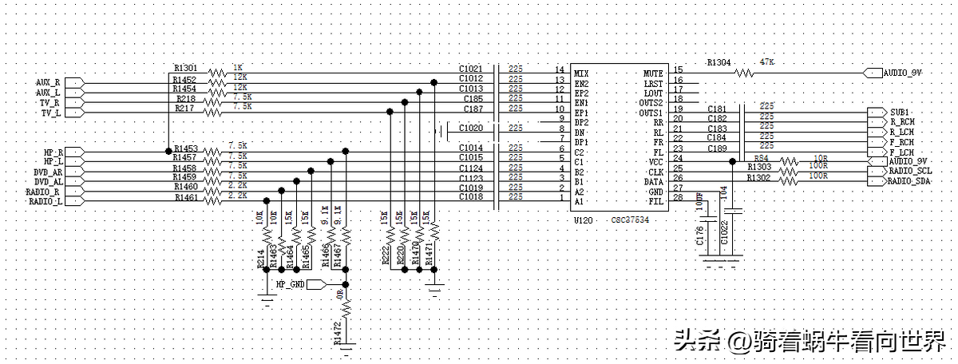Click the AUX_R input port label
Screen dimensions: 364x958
48,82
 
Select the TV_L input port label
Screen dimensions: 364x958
50,113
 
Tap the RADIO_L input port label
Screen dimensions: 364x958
45,202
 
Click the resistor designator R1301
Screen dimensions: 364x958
184,68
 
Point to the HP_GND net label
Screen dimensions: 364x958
291,283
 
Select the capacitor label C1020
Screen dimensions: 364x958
471,128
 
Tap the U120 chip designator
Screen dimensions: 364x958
584,220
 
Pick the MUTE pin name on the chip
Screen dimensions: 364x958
652,73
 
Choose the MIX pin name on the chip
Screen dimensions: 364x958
581,73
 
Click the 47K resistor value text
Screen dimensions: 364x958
768,61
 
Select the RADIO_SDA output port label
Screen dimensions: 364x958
910,181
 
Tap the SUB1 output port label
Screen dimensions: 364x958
901,112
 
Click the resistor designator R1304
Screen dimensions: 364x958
720,61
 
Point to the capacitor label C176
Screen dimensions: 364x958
699,235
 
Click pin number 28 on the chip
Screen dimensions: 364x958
678,198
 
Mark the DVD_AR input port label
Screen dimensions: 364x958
47,172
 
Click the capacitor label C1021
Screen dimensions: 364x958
471,69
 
